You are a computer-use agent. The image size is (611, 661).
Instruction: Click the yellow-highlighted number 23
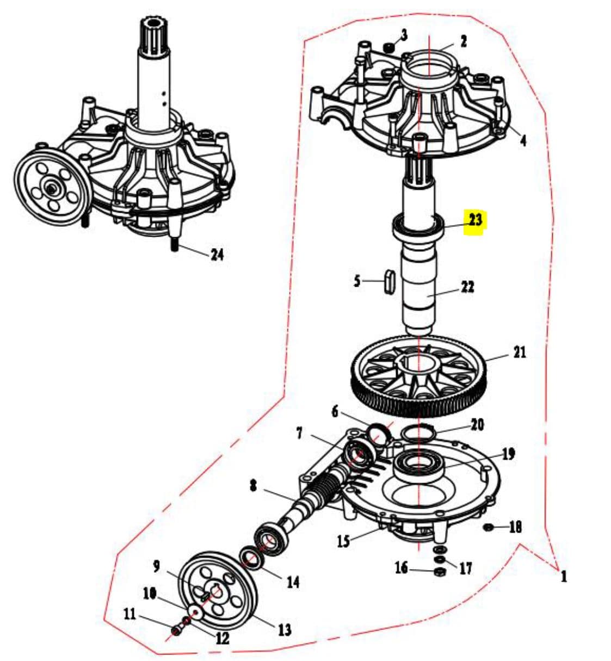pos(475,220)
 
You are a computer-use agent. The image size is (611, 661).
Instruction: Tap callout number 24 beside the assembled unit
pos(217,255)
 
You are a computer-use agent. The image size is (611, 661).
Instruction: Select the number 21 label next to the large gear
pos(520,352)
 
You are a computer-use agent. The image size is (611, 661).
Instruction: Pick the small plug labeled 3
pos(388,47)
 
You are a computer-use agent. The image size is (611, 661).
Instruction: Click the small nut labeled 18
pos(489,527)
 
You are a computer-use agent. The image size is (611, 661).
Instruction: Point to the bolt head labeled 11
pos(176,629)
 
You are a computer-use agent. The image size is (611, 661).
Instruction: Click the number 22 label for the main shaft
pos(467,287)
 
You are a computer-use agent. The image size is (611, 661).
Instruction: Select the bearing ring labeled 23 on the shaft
pos(418,227)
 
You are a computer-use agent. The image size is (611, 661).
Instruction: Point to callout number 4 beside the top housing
pos(523,140)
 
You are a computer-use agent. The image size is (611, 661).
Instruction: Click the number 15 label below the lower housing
pos(344,541)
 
